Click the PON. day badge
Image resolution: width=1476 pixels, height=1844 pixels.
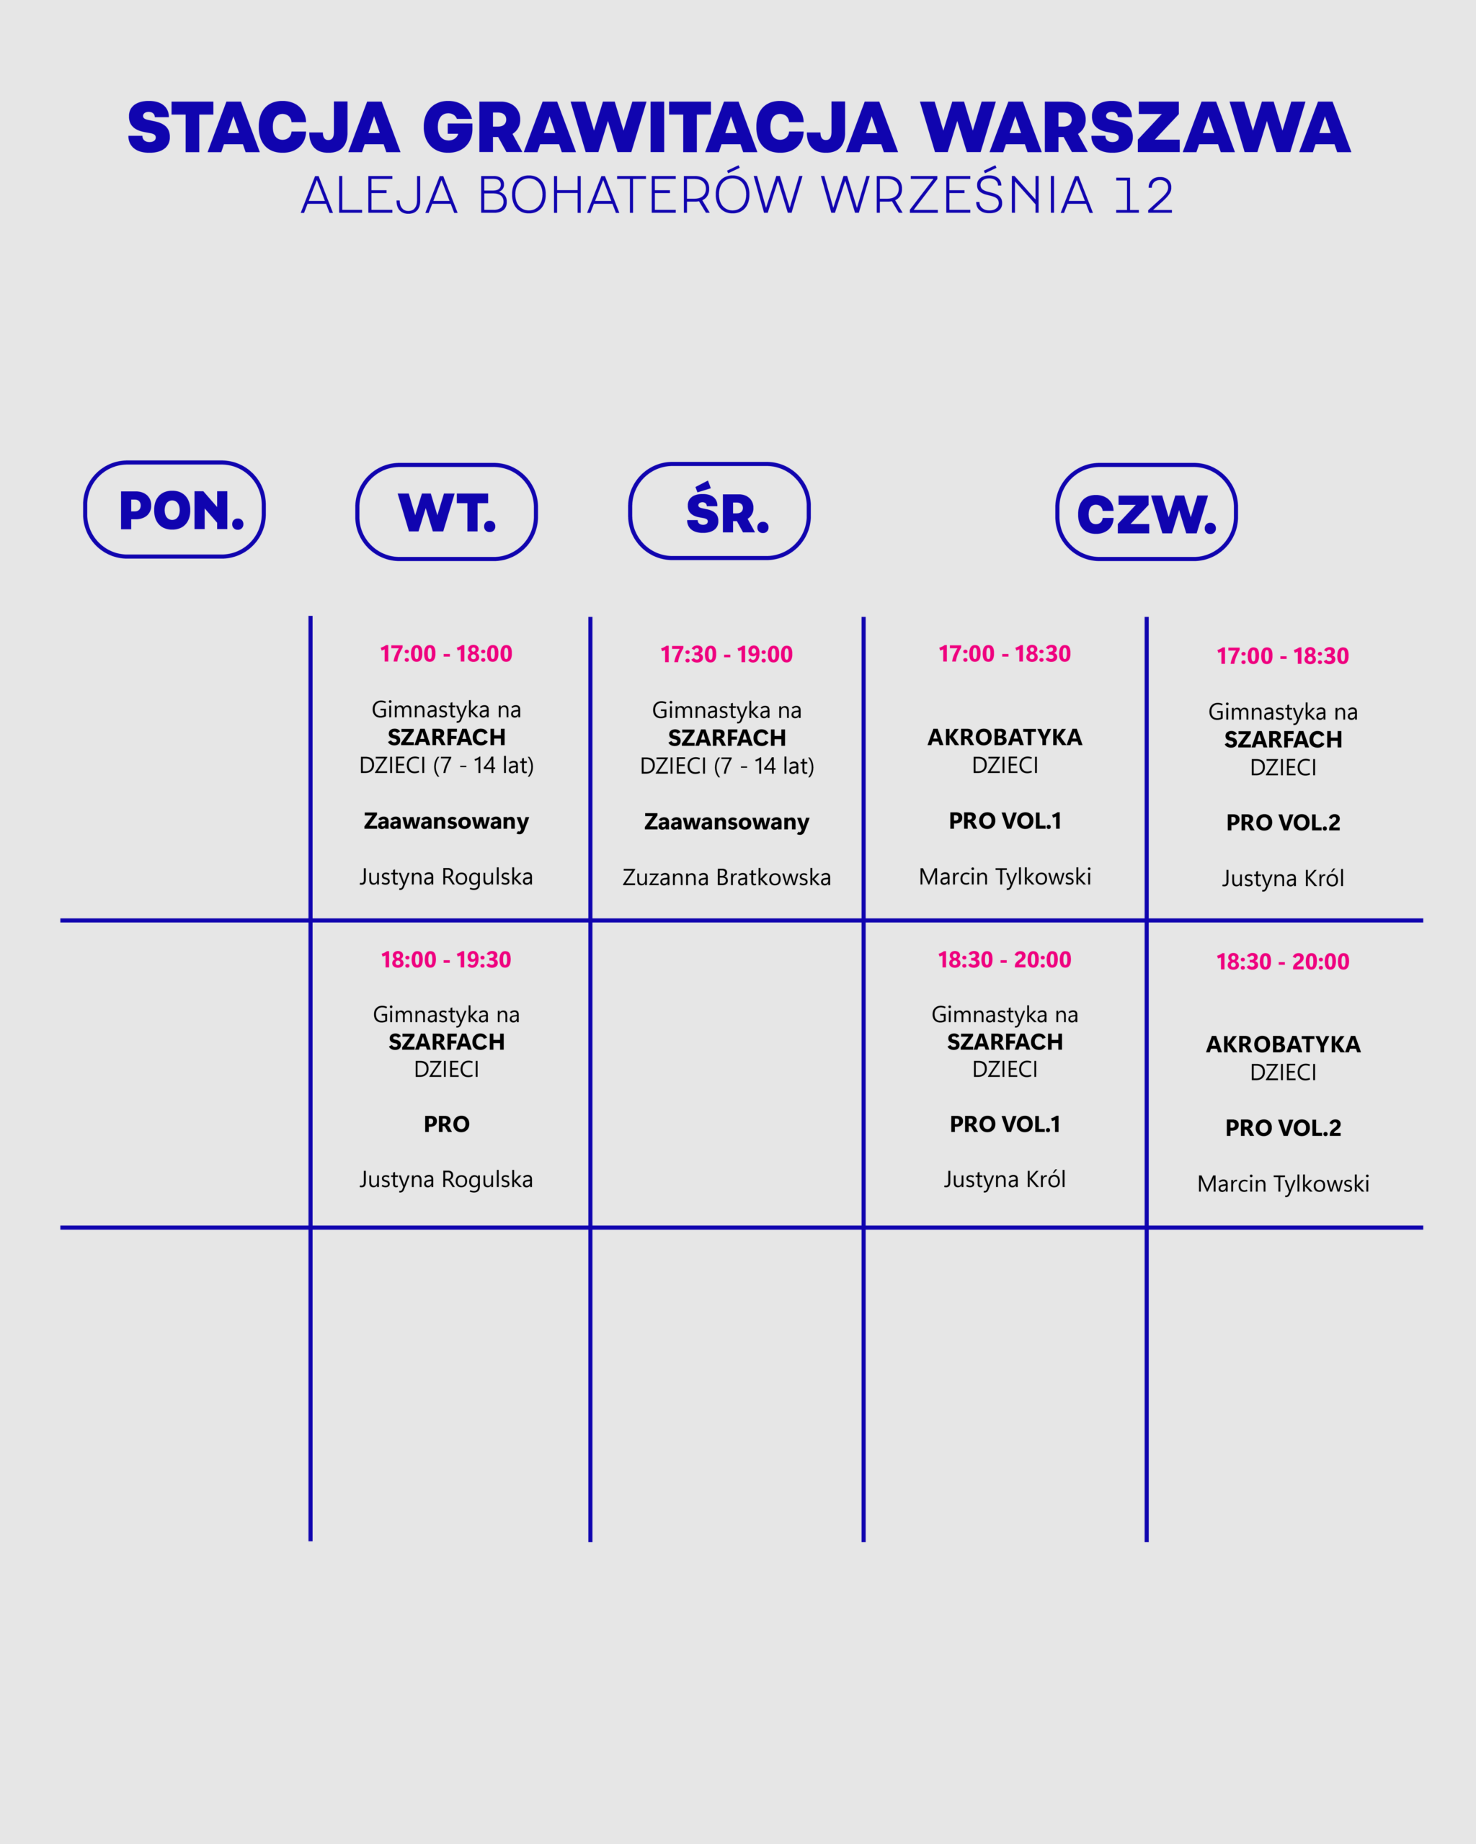click(174, 510)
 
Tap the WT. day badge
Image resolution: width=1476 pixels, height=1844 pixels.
click(447, 512)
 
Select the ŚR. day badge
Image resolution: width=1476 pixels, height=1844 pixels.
click(719, 511)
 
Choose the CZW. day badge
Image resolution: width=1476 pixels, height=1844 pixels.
click(1147, 512)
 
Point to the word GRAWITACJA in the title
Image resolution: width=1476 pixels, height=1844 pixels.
click(659, 128)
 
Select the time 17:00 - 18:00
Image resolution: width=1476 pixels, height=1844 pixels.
click(446, 654)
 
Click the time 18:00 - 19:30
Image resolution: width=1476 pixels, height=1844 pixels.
click(446, 959)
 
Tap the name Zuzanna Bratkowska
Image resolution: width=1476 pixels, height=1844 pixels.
click(726, 877)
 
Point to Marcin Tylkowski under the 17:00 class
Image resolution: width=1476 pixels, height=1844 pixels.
click(1005, 877)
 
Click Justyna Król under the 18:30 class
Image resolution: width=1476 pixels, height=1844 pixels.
click(1005, 1179)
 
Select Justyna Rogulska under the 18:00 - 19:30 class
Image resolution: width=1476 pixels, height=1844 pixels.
click(446, 1179)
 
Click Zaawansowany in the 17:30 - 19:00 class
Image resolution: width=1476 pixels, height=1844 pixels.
click(726, 822)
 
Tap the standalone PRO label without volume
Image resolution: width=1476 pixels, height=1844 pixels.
click(447, 1124)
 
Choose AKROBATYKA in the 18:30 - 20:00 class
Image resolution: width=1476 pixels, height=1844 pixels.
click(1283, 1044)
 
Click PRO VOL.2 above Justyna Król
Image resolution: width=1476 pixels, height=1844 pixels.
click(1283, 823)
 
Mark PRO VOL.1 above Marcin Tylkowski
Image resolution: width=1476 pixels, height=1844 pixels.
click(1005, 821)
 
